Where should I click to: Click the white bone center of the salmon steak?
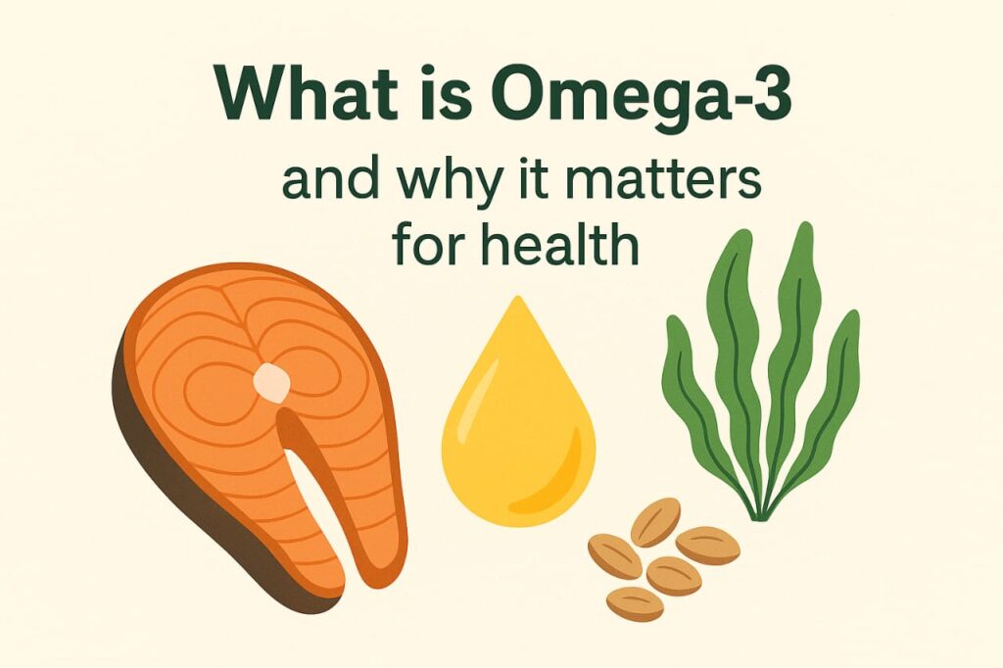(x=272, y=383)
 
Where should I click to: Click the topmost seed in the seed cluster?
(x=655, y=521)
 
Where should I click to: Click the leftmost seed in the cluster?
(x=615, y=556)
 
